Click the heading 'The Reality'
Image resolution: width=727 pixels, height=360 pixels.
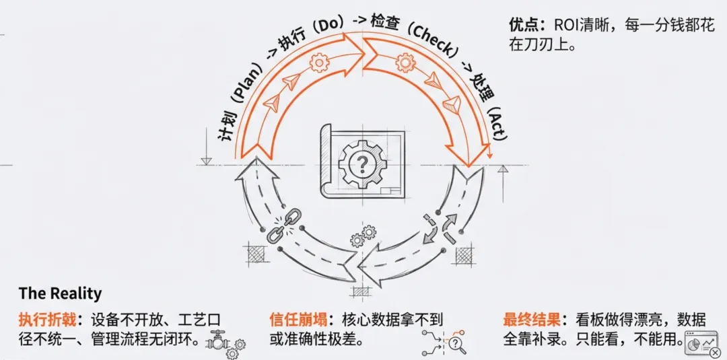tap(60, 293)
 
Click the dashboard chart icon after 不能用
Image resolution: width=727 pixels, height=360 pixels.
tap(700, 342)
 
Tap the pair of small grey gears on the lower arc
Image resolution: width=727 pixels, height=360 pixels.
tap(363, 236)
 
